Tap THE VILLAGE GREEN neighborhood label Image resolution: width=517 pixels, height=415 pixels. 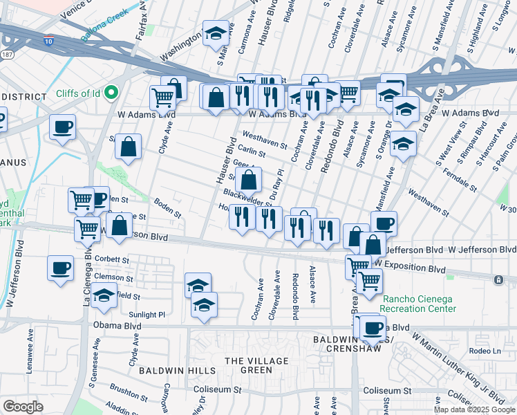tap(257, 365)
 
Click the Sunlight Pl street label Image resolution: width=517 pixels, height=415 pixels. tap(148, 315)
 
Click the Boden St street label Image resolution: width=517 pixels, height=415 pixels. tap(167, 210)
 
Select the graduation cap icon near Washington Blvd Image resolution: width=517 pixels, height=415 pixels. tap(216, 33)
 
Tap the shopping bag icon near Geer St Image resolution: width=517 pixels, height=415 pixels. tap(247, 181)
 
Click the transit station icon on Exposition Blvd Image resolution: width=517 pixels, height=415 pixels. tap(498, 279)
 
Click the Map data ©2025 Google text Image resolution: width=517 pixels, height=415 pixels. tap(473, 409)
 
